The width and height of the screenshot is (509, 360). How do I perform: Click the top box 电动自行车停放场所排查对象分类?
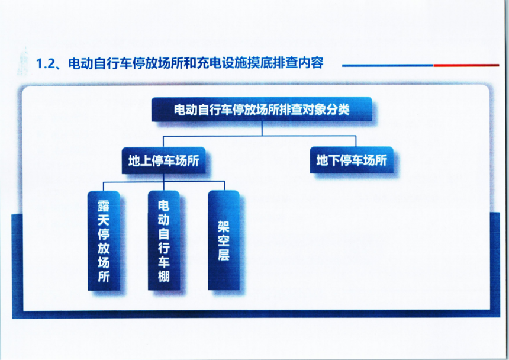point(262,110)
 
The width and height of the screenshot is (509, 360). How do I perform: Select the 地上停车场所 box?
point(163,160)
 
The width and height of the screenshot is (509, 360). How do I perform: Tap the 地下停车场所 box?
point(352,160)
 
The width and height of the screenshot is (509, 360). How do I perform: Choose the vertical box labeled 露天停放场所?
point(104,240)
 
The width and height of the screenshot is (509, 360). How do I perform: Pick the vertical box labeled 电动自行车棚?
point(163,240)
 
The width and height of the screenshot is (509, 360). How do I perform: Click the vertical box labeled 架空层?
point(224,240)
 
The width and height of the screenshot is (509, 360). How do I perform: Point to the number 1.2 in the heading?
point(46,63)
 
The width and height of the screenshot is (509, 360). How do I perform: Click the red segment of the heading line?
point(466,65)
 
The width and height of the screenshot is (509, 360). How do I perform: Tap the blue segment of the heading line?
point(388,65)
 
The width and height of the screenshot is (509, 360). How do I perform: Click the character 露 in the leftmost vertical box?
point(104,206)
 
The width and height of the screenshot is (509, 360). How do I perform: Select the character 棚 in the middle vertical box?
point(163,277)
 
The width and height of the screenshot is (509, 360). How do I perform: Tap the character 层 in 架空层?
point(224,254)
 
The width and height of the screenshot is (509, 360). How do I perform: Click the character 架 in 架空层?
point(224,226)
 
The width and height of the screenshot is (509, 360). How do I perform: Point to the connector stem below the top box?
point(262,128)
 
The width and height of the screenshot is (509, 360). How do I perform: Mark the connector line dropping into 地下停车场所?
point(356,141)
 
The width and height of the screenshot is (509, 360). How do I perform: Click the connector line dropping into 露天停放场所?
point(104,187)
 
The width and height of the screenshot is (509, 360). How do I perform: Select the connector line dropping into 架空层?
point(224,187)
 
